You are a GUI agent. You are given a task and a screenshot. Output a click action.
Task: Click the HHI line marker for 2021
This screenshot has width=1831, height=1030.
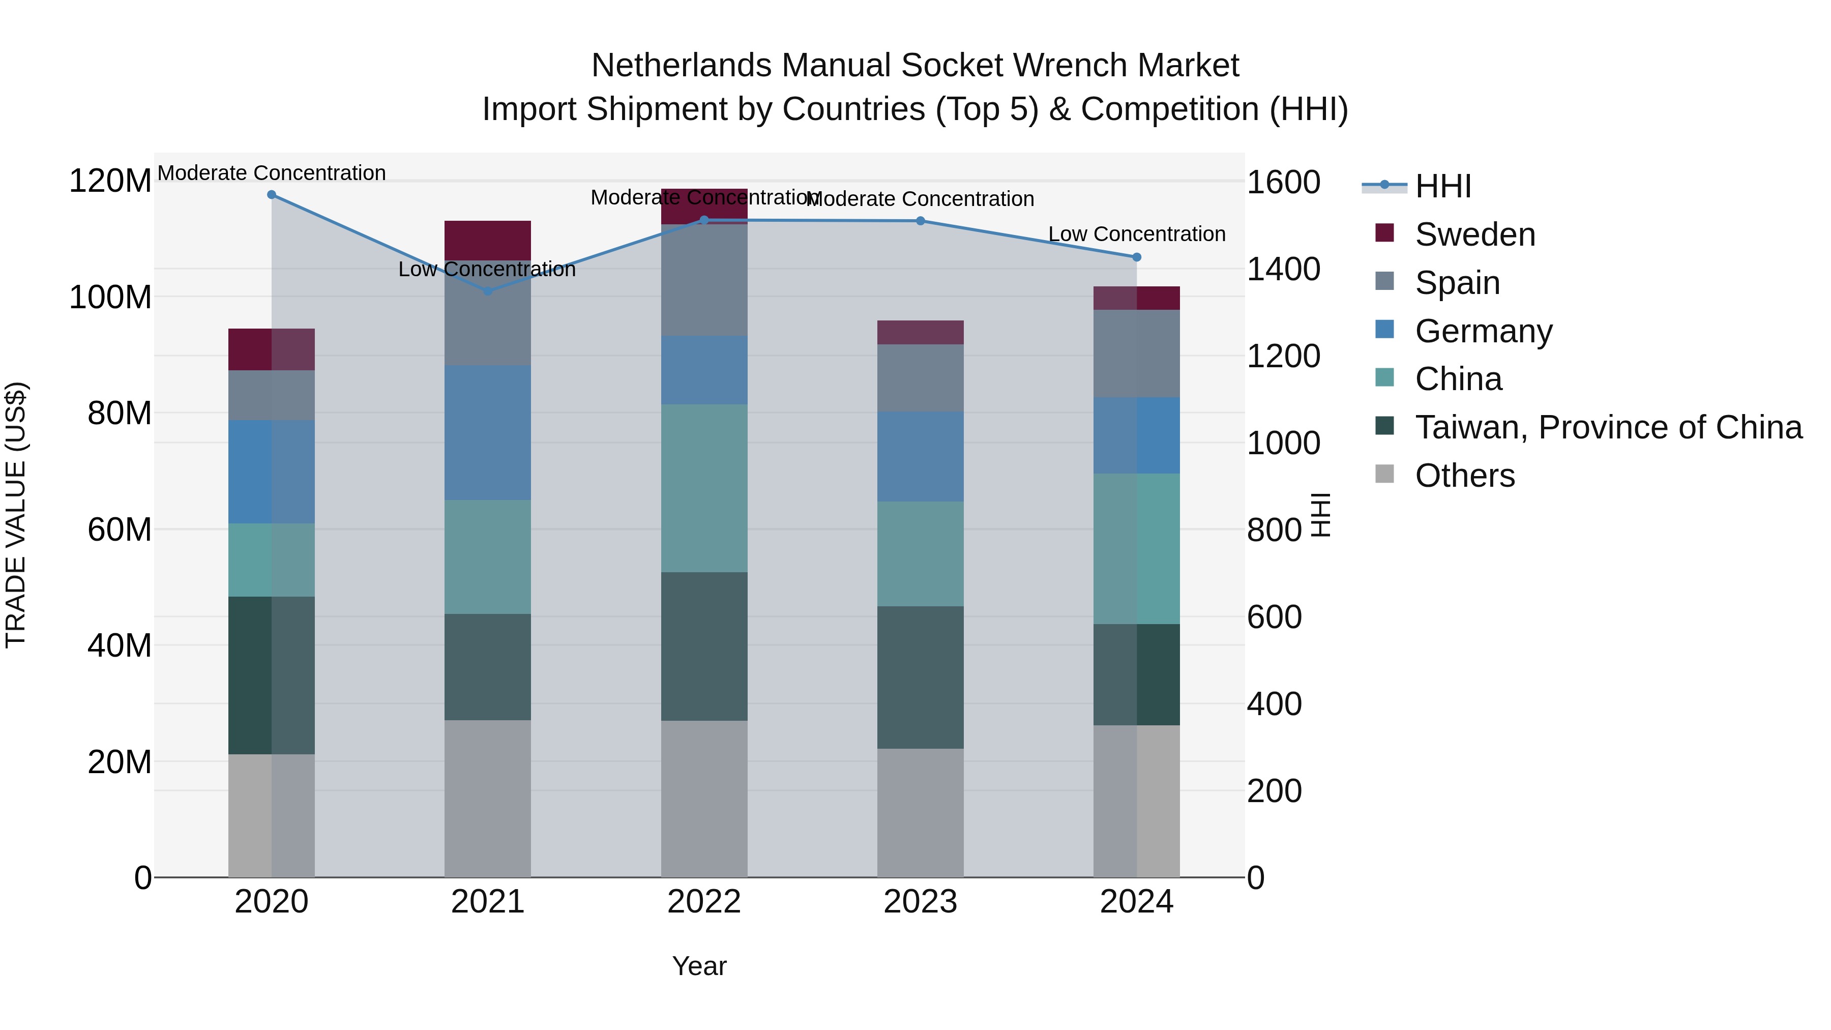pyautogui.click(x=488, y=291)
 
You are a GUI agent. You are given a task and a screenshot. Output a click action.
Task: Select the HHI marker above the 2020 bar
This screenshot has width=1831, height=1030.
pyautogui.click(x=272, y=195)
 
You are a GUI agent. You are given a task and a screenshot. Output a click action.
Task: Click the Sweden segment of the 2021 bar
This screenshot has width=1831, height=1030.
pyautogui.click(x=488, y=240)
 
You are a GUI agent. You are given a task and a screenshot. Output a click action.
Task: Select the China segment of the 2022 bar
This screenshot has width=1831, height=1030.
pyautogui.click(x=704, y=488)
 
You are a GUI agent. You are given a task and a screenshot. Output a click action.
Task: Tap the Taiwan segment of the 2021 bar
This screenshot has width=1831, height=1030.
pyautogui.click(x=488, y=667)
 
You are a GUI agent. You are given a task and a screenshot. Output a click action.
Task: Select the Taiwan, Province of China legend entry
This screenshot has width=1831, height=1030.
pyautogui.click(x=1608, y=427)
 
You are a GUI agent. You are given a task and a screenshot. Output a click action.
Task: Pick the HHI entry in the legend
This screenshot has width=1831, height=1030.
pyautogui.click(x=1442, y=186)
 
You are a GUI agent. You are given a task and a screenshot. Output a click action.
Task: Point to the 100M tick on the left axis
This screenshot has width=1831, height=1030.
pyautogui.click(x=110, y=297)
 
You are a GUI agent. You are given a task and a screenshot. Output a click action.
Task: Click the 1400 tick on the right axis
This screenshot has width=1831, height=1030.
pyautogui.click(x=1283, y=270)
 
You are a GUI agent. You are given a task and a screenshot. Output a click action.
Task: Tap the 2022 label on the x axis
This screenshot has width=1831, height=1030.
pyautogui.click(x=704, y=902)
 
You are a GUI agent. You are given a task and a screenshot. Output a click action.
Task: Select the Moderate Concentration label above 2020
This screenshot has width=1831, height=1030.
pyautogui.click(x=272, y=173)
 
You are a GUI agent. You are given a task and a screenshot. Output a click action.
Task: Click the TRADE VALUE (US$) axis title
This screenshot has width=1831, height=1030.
pyautogui.click(x=16, y=515)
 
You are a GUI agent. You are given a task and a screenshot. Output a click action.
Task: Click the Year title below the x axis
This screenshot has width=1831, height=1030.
pyautogui.click(x=699, y=966)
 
